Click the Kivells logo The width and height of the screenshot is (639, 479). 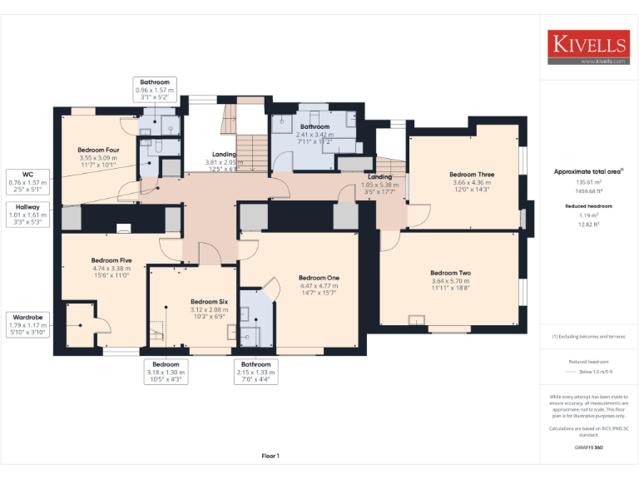click(x=588, y=47)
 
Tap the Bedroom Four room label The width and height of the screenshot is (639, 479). click(x=98, y=150)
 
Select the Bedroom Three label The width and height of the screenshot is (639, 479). click(x=472, y=175)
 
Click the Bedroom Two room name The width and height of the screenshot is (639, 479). click(x=450, y=273)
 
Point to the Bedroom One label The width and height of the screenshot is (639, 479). click(x=319, y=277)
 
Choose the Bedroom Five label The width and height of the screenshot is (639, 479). click(x=111, y=260)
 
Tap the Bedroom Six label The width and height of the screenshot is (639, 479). click(x=209, y=301)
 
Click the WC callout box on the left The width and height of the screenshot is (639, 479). click(x=27, y=182)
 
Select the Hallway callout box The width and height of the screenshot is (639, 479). click(x=27, y=215)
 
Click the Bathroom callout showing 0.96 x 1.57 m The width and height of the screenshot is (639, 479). click(x=154, y=90)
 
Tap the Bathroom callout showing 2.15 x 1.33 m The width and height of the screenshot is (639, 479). click(x=255, y=372)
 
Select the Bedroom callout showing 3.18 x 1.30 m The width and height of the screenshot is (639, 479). click(x=166, y=372)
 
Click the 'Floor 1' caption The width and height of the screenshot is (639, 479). click(x=270, y=456)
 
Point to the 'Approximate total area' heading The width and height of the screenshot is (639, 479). click(x=588, y=171)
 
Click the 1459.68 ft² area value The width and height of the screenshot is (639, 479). click(x=588, y=190)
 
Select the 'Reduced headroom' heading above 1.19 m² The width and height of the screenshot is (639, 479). click(x=588, y=205)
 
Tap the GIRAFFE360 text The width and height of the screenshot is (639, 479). click(x=588, y=448)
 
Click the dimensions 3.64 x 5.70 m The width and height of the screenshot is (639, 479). click(x=450, y=281)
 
